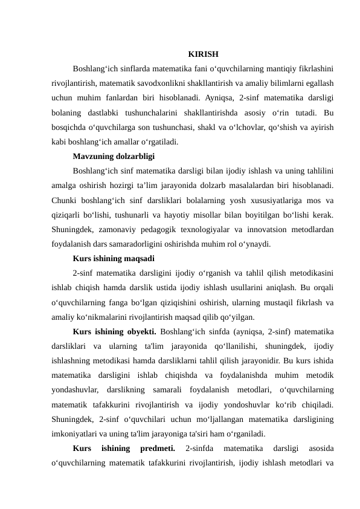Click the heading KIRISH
pyautogui.click(x=203, y=54)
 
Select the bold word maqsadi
pyautogui.click(x=138, y=259)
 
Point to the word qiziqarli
pyautogui.click(x=68, y=215)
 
